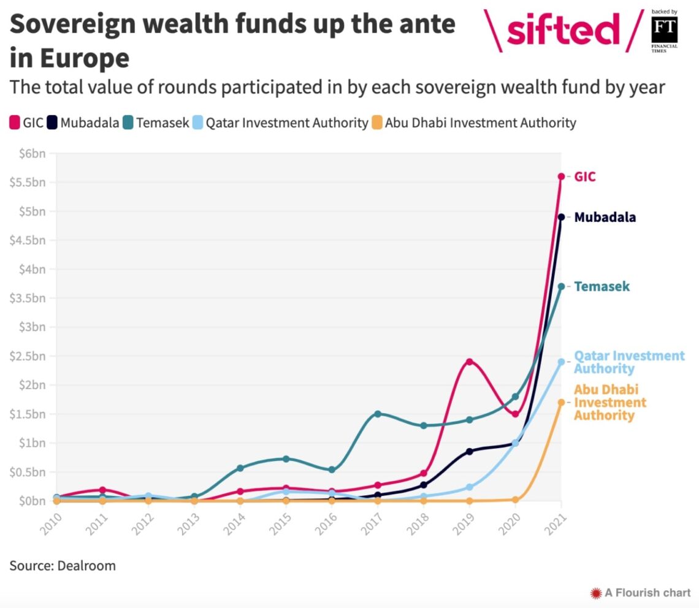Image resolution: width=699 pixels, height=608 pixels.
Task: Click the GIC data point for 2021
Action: click(x=561, y=177)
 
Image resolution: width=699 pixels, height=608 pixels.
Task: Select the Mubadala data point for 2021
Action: click(x=561, y=217)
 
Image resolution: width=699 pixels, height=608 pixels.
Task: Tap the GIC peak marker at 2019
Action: click(x=470, y=362)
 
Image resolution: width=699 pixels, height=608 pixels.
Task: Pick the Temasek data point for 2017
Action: click(x=378, y=414)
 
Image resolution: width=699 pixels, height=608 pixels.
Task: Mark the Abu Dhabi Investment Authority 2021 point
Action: click(x=561, y=402)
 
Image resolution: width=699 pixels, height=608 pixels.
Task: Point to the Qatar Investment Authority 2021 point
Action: click(x=561, y=362)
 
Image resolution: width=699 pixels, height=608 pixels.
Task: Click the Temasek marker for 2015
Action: click(x=286, y=458)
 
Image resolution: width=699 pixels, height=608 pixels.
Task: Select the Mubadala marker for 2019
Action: click(x=470, y=451)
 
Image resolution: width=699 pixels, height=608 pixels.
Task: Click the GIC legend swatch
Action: click(x=15, y=123)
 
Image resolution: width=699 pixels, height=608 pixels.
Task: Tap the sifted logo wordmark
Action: click(x=563, y=29)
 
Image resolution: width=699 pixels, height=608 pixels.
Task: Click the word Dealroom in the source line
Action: click(x=86, y=565)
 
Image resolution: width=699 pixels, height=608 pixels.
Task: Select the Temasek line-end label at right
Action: click(x=602, y=286)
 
